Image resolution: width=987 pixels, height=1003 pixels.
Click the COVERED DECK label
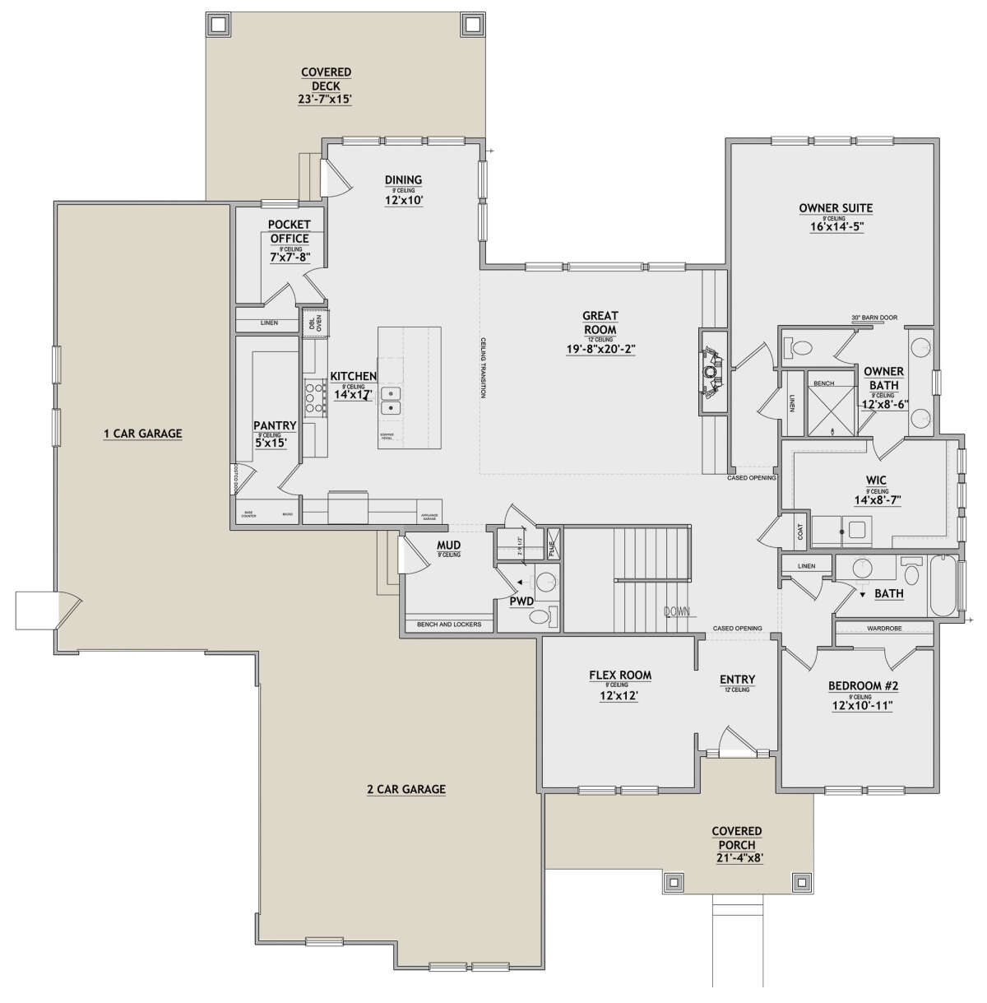(326, 80)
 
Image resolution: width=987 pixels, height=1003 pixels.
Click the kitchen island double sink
(391, 401)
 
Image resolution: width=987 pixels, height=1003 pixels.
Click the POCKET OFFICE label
(290, 231)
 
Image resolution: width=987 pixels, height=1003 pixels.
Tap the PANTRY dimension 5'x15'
(275, 443)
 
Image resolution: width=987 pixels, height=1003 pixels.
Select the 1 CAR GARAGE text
(142, 434)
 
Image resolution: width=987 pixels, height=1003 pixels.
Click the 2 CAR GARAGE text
(405, 789)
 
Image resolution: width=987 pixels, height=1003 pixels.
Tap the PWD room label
(521, 601)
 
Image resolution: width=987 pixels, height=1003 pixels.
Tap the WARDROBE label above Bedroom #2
(883, 629)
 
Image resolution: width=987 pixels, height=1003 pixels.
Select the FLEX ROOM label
(619, 676)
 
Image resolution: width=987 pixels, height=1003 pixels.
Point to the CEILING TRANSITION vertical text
(484, 368)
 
